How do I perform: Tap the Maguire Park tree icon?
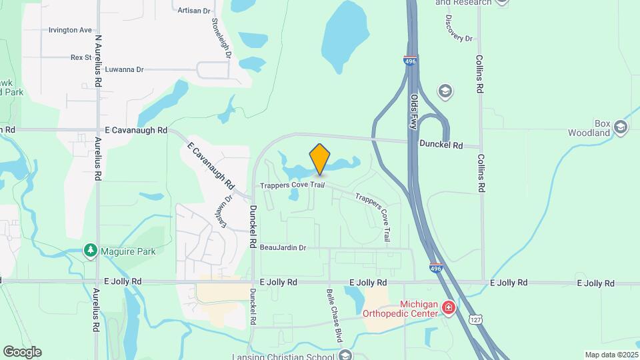click(90, 251)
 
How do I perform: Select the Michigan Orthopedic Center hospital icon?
click(449, 307)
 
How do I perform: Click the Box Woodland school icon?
click(621, 127)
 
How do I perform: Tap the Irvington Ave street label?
click(70, 30)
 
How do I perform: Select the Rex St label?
click(81, 57)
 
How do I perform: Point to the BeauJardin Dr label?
click(283, 247)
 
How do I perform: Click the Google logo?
click(22, 352)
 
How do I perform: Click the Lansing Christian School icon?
click(345, 354)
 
